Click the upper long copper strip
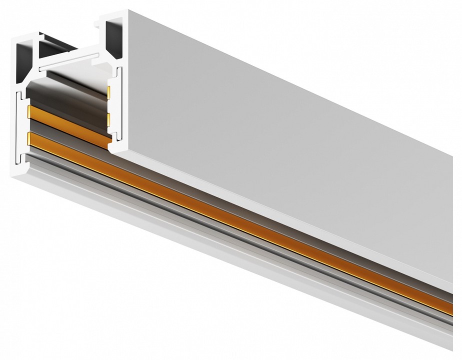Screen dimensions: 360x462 65,120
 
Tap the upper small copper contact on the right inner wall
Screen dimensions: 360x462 109,91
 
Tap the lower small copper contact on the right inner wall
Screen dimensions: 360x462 109,118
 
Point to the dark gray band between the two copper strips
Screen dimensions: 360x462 65,131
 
